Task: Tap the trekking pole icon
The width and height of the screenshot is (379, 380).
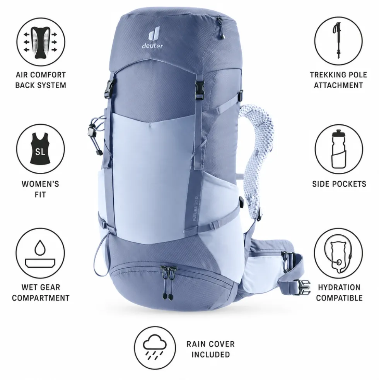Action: click(x=338, y=41)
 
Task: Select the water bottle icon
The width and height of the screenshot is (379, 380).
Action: click(x=338, y=149)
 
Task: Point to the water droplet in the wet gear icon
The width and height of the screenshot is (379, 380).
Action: click(x=40, y=248)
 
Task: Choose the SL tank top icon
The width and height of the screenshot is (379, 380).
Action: click(x=41, y=149)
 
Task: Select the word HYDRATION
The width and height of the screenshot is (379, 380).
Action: click(x=339, y=287)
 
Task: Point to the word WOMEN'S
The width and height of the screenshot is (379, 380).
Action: click(x=41, y=184)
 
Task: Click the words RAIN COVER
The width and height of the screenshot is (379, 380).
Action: click(x=210, y=344)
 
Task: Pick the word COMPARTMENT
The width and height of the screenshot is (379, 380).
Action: click(x=41, y=298)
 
